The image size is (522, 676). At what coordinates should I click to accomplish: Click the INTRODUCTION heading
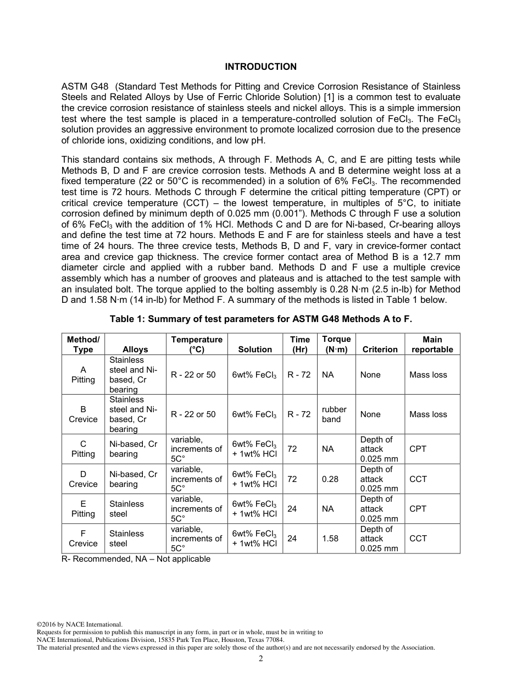[260, 67]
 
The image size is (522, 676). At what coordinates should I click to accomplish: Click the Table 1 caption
[260, 319]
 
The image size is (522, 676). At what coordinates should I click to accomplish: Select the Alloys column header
[135, 350]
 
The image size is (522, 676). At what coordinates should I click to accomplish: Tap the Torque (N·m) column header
[336, 344]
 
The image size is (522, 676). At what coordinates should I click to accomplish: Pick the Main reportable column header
[432, 344]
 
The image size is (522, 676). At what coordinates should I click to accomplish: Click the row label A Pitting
[83, 375]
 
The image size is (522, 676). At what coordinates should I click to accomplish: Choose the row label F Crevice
[83, 539]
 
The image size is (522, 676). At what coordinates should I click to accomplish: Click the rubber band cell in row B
[334, 414]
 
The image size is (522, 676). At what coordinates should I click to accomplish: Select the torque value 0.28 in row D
[330, 479]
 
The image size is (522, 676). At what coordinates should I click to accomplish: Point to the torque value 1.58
[330, 539]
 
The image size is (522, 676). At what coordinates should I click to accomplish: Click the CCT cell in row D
[418, 479]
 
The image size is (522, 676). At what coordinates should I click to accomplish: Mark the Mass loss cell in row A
[428, 375]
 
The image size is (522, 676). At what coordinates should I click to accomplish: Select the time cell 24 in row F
[292, 539]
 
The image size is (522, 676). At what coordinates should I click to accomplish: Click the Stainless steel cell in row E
[126, 509]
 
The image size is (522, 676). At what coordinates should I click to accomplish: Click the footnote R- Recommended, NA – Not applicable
[136, 559]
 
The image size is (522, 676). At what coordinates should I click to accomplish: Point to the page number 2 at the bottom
[261, 659]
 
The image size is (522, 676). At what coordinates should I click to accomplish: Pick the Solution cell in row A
[254, 375]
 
